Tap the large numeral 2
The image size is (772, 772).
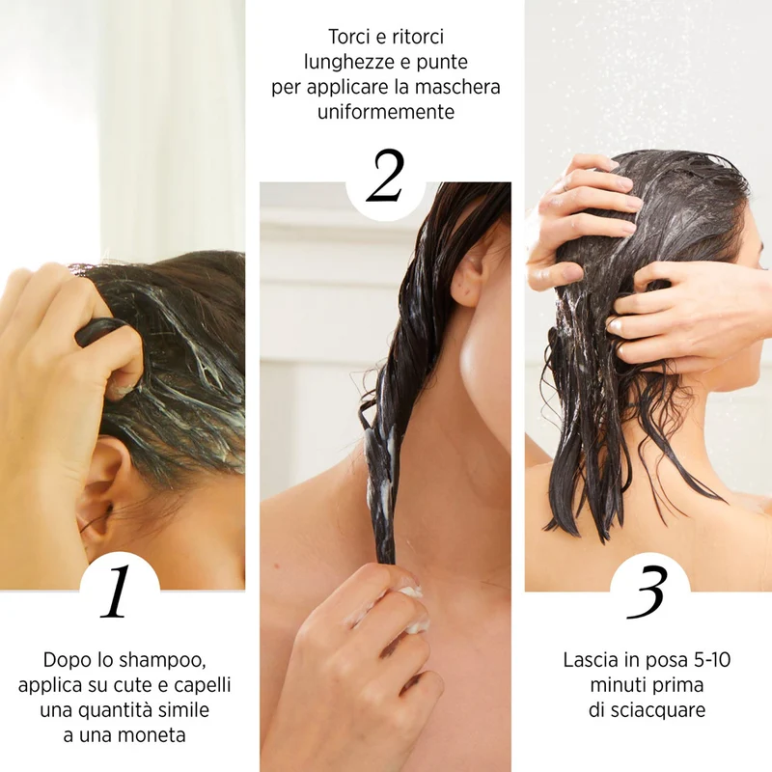point(385,176)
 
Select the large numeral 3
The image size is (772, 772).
point(648,592)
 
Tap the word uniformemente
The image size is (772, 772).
point(386,112)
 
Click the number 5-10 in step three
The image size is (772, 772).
point(712,660)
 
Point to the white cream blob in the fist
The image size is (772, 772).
point(415,611)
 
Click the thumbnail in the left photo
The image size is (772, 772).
point(122,390)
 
